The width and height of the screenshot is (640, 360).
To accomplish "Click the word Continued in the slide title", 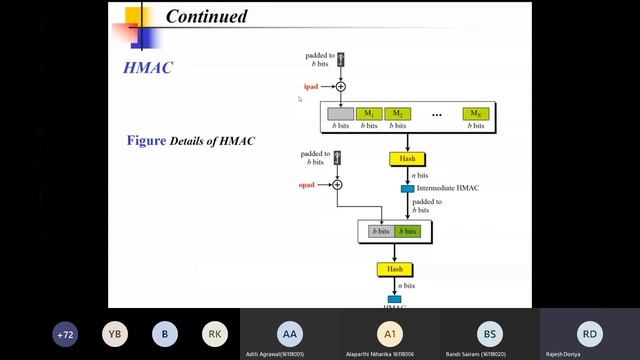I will point(206,16).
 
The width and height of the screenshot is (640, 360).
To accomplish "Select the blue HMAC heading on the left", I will point(147,67).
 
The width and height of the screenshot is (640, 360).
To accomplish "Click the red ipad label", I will point(310,87).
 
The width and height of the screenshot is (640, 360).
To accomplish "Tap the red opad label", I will point(307,185).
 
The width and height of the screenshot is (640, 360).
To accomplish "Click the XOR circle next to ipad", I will point(340,87).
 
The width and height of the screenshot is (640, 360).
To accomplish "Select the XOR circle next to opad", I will point(337,185).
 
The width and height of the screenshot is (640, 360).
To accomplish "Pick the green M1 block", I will point(370,114).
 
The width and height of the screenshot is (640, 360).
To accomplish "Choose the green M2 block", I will point(398,114).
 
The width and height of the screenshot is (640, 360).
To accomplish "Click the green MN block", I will point(476,114).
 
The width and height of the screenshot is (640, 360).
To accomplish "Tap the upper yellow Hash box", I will point(406,159).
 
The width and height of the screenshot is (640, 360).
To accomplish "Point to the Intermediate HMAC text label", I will point(450,188).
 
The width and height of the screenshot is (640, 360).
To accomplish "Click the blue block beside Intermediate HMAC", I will point(408,188).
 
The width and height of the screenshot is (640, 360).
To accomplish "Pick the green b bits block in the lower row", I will point(407,232).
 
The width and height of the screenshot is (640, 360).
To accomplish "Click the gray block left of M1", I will point(341,114).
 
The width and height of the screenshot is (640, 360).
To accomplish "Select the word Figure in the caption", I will point(146,141).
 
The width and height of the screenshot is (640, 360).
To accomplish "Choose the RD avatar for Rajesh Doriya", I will point(590,333).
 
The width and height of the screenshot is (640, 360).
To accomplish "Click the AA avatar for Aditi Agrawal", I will point(290,333).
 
